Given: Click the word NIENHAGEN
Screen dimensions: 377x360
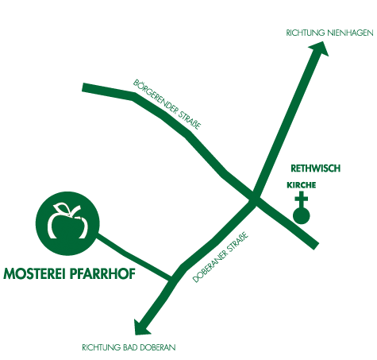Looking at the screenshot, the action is point(350,33).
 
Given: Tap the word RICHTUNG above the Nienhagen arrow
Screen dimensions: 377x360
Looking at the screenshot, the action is point(306,33).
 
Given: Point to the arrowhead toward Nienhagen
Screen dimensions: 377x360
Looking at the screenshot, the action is point(320,48).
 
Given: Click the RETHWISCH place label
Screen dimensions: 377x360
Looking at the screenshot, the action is point(315,168).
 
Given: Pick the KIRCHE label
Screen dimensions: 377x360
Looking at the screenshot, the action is point(302,185).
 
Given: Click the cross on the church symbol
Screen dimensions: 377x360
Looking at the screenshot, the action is point(302,199).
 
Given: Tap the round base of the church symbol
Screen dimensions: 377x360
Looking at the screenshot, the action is point(302,215).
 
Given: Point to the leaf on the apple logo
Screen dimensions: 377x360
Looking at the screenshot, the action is point(61,207).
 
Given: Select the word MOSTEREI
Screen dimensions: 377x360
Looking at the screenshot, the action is point(34,273).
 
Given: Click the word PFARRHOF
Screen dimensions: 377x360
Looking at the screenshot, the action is point(102,273).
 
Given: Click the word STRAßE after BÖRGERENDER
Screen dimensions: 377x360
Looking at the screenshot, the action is point(190,120).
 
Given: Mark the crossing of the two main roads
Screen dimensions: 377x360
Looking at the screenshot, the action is point(255,197).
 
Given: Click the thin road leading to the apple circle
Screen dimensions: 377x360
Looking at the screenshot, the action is point(134,256).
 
